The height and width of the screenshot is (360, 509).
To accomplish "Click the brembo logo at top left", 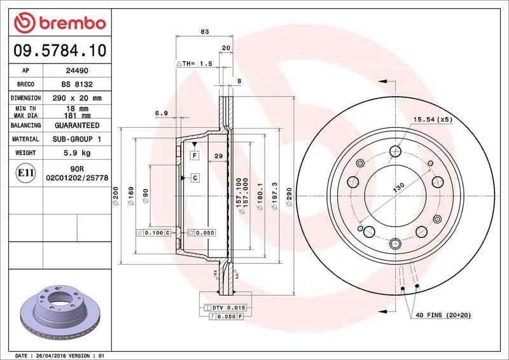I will (x=59, y=23).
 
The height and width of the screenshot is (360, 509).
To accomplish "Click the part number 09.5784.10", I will (x=59, y=50).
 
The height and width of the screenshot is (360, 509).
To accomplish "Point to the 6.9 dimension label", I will (x=161, y=113).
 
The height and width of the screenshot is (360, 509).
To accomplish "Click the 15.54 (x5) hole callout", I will (x=433, y=119).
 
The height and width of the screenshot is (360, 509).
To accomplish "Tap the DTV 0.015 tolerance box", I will (x=227, y=307).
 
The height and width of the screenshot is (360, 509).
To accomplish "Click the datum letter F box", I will (x=194, y=155).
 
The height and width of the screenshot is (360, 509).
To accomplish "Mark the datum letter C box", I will (x=194, y=177).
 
